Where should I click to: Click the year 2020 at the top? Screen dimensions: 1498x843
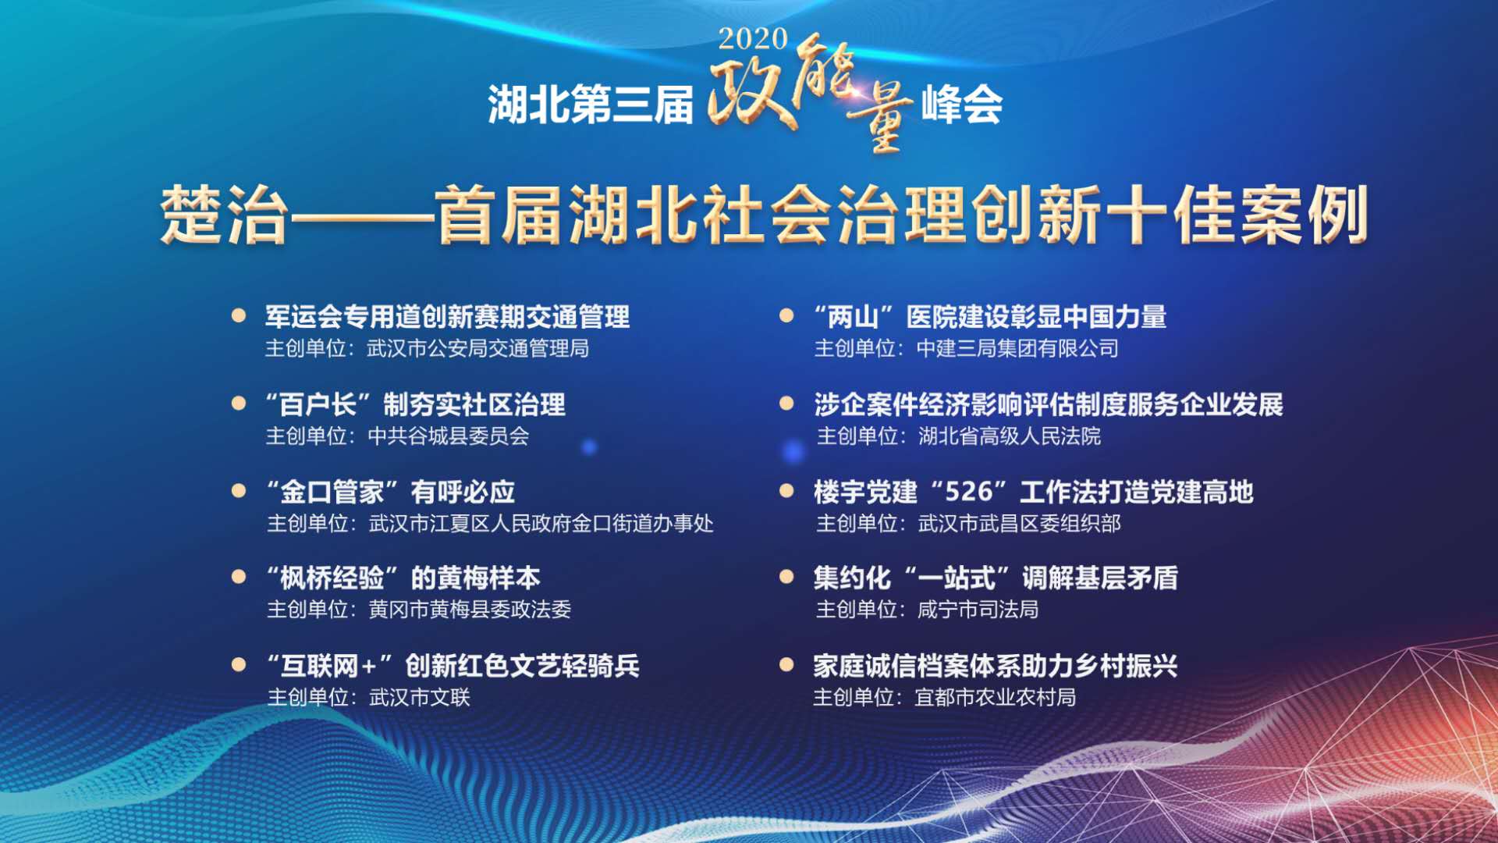click(753, 38)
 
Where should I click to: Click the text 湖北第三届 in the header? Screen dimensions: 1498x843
click(591, 105)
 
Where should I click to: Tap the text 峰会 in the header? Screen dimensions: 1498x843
click(962, 105)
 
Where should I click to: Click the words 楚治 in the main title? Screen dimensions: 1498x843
click(224, 215)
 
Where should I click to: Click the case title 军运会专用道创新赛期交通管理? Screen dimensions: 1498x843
click(447, 317)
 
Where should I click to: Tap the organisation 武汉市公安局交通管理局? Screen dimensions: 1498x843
click(477, 348)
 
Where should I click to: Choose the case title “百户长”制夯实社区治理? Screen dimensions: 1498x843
click(415, 404)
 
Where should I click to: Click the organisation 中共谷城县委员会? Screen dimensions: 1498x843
click(448, 436)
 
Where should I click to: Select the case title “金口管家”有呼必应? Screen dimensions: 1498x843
click(390, 492)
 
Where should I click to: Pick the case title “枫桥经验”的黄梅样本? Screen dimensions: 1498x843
click(403, 578)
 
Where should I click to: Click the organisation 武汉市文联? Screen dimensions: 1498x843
click(420, 696)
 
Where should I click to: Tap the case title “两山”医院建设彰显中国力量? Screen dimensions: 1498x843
click(990, 317)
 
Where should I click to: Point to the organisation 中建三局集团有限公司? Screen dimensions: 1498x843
click(1017, 348)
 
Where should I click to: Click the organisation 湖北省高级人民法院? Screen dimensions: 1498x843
click(1010, 436)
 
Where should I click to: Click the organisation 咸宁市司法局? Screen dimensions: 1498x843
click(978, 609)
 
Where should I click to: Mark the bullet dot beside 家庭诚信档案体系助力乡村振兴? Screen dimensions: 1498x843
click(786, 664)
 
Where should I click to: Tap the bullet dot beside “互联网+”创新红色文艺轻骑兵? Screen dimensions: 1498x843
click(239, 664)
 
